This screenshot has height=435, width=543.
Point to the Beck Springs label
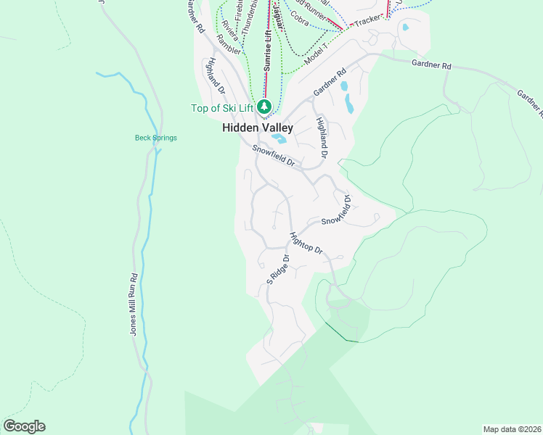(x=155, y=138)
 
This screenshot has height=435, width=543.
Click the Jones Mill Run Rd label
(x=134, y=304)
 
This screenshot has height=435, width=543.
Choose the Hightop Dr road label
(x=305, y=244)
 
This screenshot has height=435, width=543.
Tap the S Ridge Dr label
(x=277, y=269)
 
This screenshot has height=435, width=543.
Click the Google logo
(x=24, y=426)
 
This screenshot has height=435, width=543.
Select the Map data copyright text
(x=511, y=429)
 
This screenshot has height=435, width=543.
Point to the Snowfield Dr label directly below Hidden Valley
(x=273, y=156)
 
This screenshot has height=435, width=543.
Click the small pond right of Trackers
(x=404, y=28)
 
